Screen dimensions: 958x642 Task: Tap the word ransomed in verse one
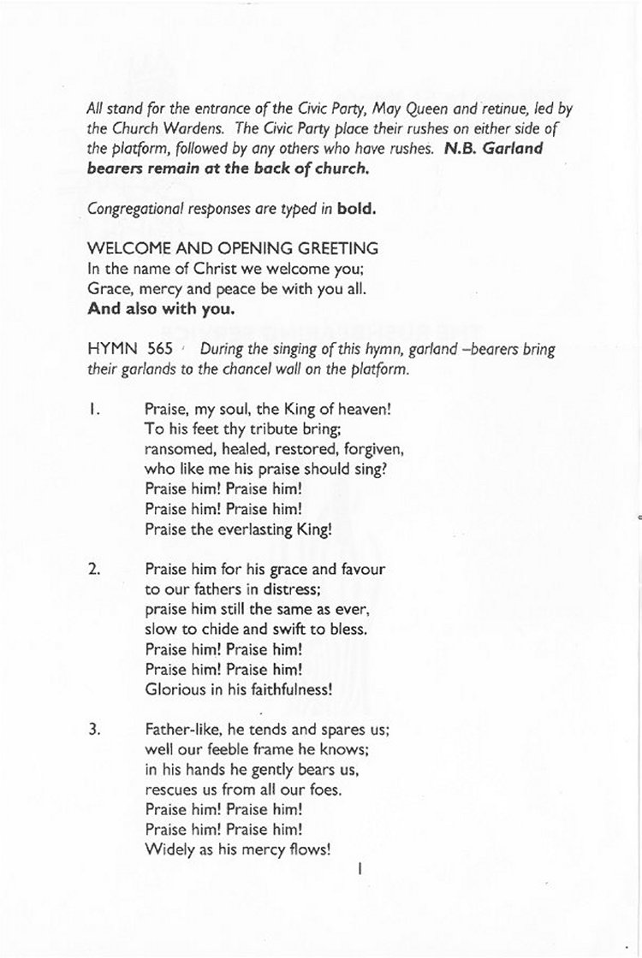(x=179, y=449)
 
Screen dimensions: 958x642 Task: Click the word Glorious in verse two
(x=169, y=689)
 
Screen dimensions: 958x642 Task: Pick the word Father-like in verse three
(x=179, y=730)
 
